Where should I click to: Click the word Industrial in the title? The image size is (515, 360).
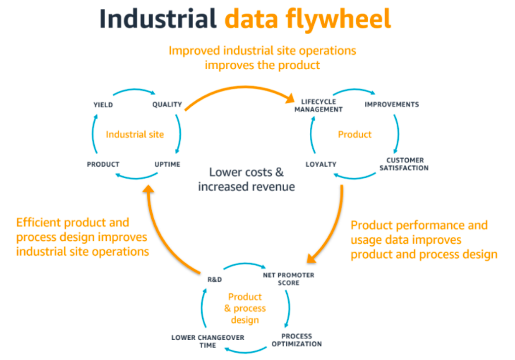(158, 19)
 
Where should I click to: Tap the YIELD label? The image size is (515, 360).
(103, 105)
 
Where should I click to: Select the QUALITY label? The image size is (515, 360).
(167, 105)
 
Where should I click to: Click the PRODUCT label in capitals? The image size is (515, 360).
(103, 164)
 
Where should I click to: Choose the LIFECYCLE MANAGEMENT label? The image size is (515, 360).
(318, 105)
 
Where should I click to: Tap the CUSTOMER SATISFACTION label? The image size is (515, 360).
(405, 164)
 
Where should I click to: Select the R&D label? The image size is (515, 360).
(215, 279)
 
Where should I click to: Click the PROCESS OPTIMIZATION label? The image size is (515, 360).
(297, 340)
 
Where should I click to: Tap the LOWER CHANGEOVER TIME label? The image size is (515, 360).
(208, 341)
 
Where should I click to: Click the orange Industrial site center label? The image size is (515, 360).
(134, 135)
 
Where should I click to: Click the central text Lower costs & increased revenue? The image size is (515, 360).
(246, 179)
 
